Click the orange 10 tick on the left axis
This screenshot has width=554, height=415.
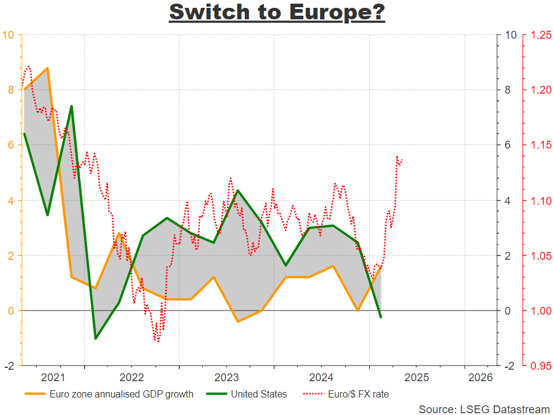pyautogui.click(x=8, y=34)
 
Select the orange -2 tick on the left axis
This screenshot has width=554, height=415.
pyautogui.click(x=8, y=366)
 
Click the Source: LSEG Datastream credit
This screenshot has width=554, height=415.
pyautogui.click(x=484, y=409)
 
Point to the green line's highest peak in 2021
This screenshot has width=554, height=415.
pyautogui.click(x=71, y=106)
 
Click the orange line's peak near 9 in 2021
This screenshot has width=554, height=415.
pyautogui.click(x=47, y=68)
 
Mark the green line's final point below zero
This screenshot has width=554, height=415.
pyautogui.click(x=381, y=317)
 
